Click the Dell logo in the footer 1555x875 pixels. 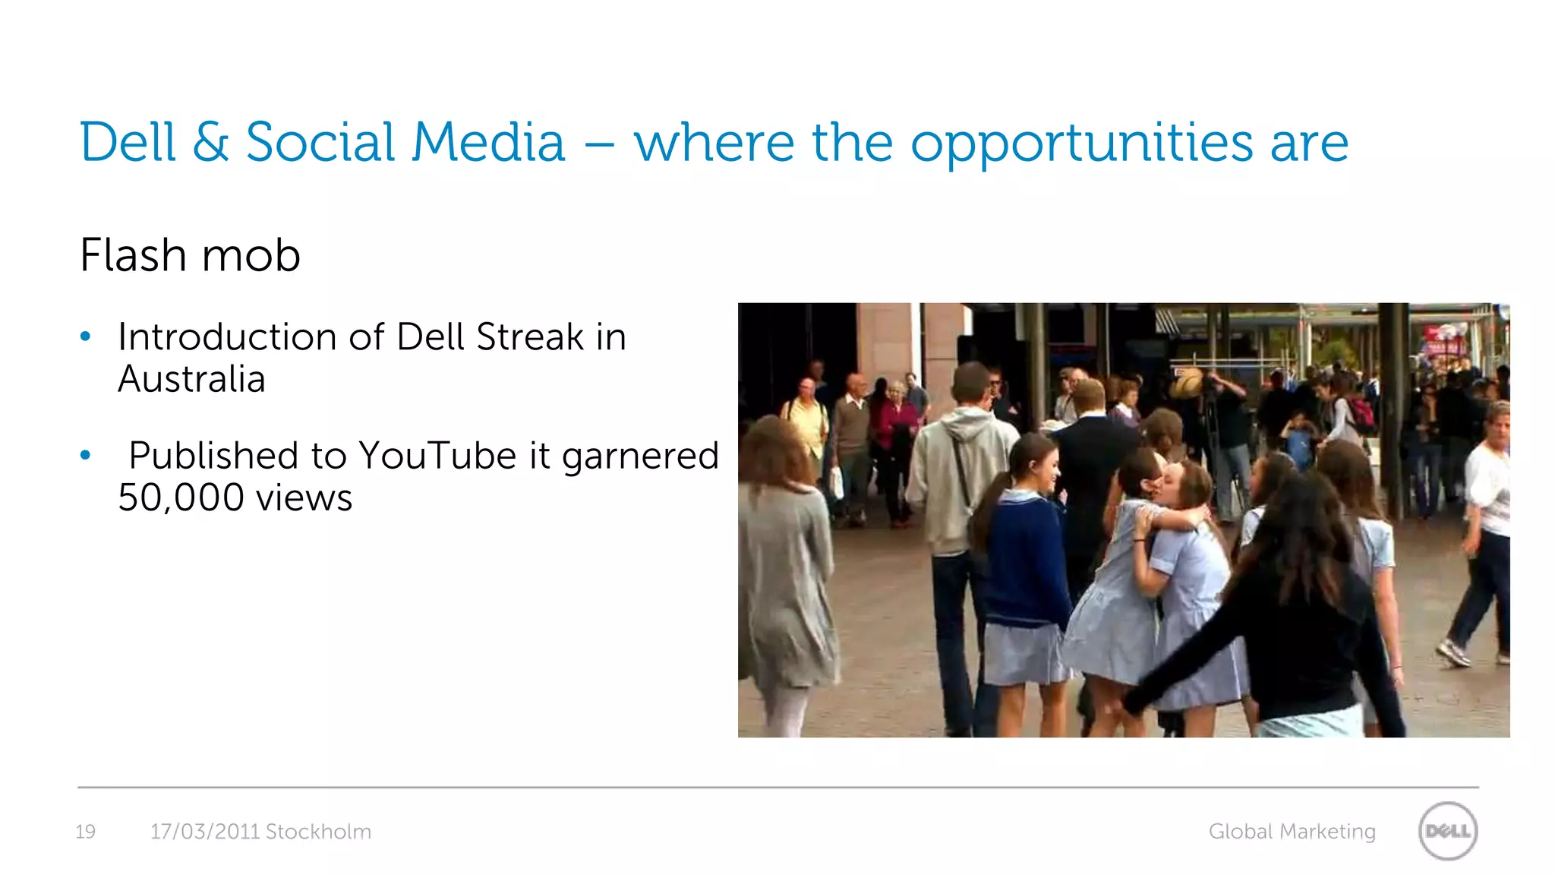[x=1447, y=831]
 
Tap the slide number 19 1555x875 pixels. [x=86, y=832]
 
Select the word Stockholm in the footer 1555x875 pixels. [x=318, y=832]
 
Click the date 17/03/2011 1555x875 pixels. [x=205, y=832]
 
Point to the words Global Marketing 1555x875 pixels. [x=1292, y=832]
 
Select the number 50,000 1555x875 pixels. [x=181, y=498]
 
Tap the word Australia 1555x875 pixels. [x=191, y=379]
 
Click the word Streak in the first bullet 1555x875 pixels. [x=530, y=337]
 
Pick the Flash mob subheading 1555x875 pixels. [x=190, y=255]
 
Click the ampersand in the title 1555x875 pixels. [x=210, y=142]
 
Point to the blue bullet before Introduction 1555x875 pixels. [x=86, y=336]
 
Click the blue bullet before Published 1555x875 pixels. [x=86, y=456]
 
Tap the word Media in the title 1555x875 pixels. [x=489, y=142]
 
